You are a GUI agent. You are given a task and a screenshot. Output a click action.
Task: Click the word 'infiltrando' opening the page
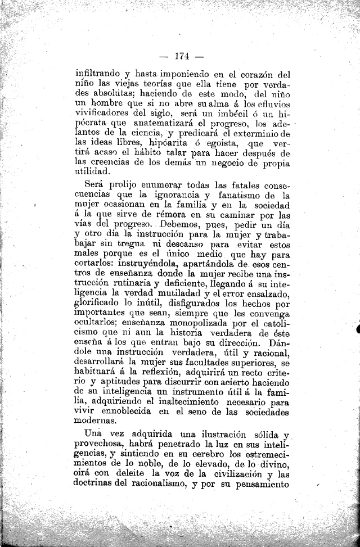click(x=98, y=73)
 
